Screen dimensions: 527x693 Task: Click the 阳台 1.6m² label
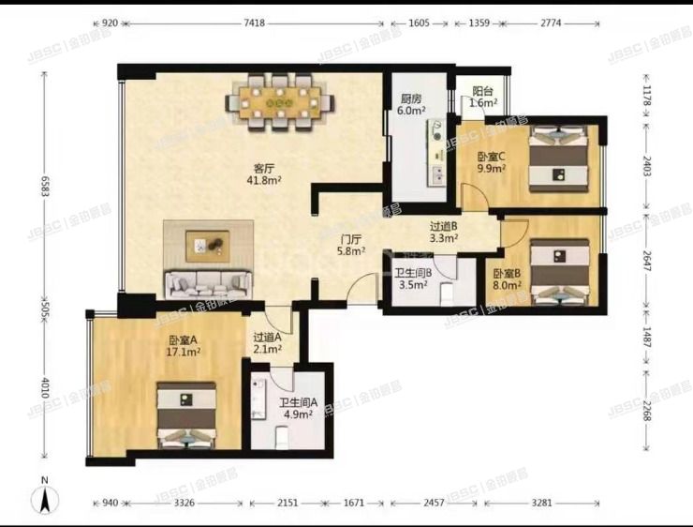coord(483,98)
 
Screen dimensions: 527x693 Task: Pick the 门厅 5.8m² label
coord(351,246)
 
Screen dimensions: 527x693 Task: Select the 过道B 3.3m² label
coord(443,232)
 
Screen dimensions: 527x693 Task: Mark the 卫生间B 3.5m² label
coord(412,278)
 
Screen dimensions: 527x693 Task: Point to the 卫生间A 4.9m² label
coord(299,410)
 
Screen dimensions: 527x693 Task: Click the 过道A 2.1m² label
coord(271,343)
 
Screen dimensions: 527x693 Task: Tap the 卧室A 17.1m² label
coord(183,347)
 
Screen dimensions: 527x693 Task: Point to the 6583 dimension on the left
coord(43,183)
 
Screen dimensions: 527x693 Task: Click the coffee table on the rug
coord(208,246)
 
